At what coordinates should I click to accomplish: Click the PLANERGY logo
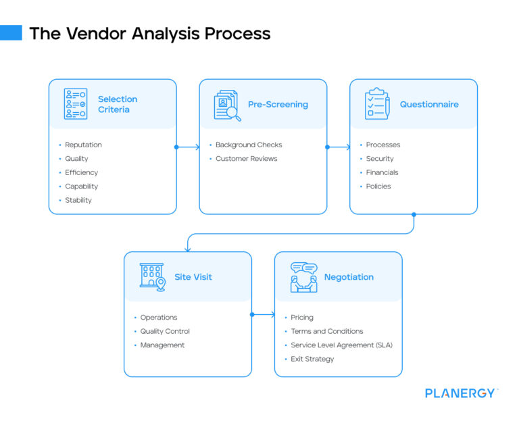coord(461,393)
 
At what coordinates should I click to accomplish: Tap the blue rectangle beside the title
coord(11,32)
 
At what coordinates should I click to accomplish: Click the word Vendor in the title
coord(96,33)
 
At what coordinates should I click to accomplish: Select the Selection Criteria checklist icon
coord(76,104)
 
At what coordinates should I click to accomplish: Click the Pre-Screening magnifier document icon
coord(227,105)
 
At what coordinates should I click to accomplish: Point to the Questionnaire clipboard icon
coord(377,104)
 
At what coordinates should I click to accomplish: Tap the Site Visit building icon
coord(152,277)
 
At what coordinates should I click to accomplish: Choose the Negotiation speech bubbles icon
coord(303,277)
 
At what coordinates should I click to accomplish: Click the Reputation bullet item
coord(83,145)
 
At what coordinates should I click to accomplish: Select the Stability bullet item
coord(78,200)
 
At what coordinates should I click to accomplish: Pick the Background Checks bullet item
coord(249,145)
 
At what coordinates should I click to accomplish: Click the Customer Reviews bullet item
coord(246,159)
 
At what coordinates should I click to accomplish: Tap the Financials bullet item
coord(382,172)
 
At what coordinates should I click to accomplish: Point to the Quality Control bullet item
coord(165,331)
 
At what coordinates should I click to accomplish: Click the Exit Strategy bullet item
coord(312,359)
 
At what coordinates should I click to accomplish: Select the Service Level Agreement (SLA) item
coord(341,345)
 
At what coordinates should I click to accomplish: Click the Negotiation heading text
coord(349,277)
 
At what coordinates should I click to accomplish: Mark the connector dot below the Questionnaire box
coord(414,215)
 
